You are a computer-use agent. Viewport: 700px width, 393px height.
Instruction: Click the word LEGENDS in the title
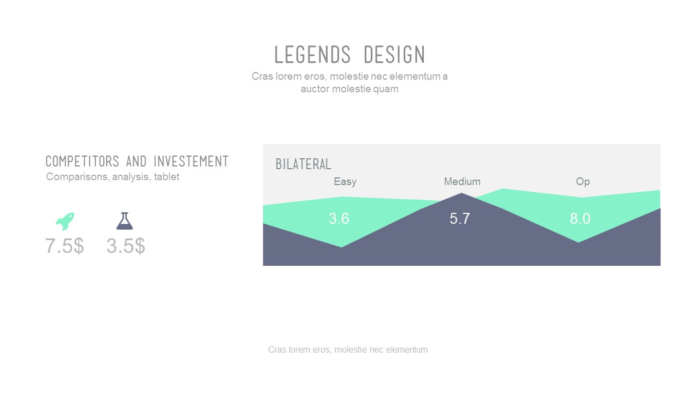[312, 55]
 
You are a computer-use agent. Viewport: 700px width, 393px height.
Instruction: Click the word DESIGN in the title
[394, 55]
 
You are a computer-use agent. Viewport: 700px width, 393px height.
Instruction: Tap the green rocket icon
[65, 221]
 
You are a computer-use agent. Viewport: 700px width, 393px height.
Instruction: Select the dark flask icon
[125, 221]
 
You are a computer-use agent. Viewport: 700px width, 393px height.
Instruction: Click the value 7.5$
[65, 246]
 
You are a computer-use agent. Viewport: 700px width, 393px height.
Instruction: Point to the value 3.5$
[126, 246]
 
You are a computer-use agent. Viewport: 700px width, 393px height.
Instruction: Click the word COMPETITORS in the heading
[82, 162]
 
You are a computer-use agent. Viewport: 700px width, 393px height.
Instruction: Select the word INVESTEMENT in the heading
[191, 162]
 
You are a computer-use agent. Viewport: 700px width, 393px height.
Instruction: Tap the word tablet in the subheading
[166, 177]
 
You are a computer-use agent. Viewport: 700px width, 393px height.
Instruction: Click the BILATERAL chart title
[304, 164]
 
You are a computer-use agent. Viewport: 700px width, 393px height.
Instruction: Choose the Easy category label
[345, 182]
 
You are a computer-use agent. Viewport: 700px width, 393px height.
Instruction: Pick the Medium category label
[462, 182]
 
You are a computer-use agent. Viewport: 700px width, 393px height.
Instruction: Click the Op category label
[582, 182]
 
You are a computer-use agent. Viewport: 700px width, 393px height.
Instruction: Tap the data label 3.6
[339, 219]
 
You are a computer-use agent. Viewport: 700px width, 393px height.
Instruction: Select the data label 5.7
[460, 219]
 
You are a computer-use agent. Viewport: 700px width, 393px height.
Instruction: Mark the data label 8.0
[580, 219]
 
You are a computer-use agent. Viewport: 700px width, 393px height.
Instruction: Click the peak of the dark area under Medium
[462, 194]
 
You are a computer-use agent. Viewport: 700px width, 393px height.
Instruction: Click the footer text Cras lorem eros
[348, 350]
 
